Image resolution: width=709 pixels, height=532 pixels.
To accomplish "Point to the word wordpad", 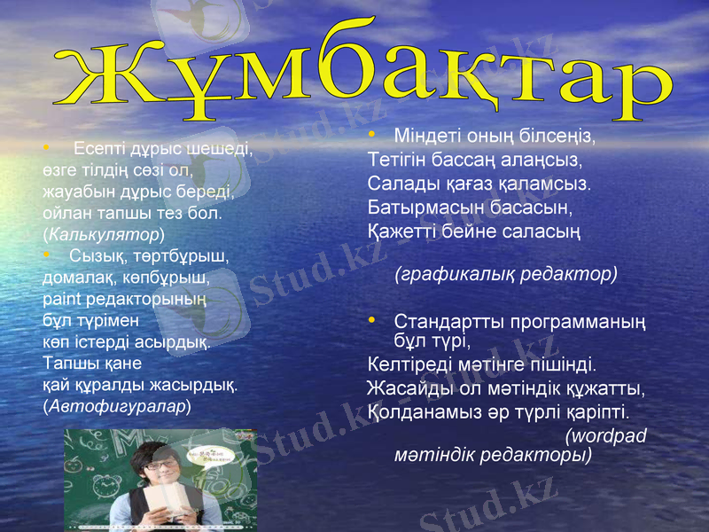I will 609,435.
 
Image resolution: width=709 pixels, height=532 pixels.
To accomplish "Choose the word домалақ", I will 78,278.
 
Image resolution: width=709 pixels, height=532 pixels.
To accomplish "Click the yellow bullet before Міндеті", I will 373,135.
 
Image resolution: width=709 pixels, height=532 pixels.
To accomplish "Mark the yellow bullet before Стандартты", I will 373,318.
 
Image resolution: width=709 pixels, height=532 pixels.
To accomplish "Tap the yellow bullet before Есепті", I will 47,147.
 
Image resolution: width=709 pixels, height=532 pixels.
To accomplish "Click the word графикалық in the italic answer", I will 449,274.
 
